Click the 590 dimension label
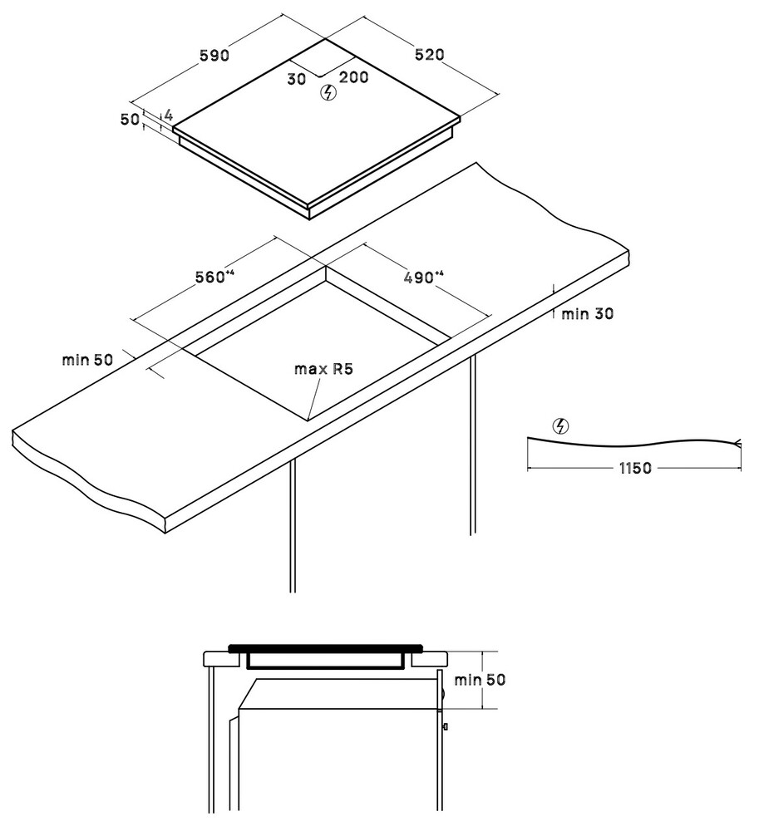point(214,55)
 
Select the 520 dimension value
point(429,54)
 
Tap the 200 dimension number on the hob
point(353,77)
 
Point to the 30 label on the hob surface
point(297,79)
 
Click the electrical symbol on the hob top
point(329,93)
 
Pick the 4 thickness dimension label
point(168,115)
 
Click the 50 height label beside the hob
point(130,120)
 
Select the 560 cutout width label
point(214,277)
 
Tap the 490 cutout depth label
point(423,277)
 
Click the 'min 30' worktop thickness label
point(587,314)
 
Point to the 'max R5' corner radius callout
point(323,369)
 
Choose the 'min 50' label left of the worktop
point(87,360)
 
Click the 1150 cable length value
point(635,468)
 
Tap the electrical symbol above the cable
point(560,426)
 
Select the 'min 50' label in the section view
point(480,680)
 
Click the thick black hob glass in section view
point(325,647)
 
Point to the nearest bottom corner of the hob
point(309,219)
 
